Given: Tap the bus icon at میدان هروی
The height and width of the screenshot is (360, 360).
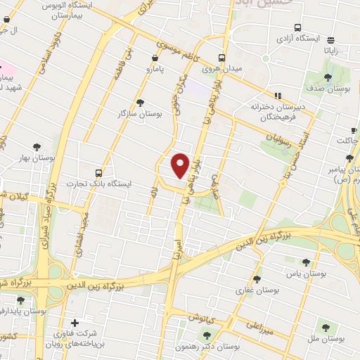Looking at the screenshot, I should pos(222,58).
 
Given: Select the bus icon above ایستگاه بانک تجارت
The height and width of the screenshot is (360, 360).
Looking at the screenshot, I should pos(98,172).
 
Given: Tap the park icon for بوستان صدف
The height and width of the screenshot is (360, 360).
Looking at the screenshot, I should pos(328,77).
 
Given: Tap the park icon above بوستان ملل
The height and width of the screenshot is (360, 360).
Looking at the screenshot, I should pos(325,327).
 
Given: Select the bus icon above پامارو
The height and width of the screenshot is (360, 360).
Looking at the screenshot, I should pos(154,58).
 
